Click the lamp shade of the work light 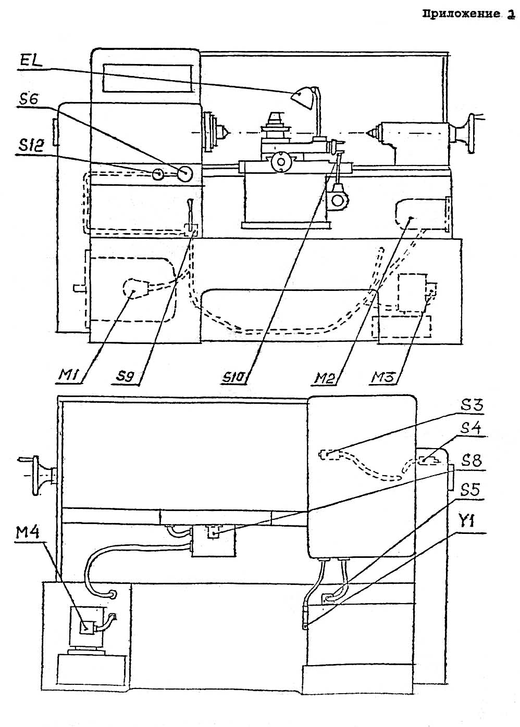[302, 98]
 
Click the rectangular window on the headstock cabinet [146, 77]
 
